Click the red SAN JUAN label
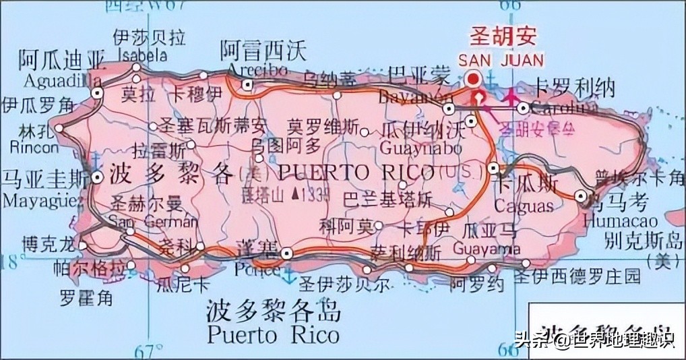point(501,59)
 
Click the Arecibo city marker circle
point(248,85)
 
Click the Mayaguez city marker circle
point(98,178)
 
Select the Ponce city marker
point(288,253)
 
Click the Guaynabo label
point(421,148)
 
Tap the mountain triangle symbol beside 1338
point(297,195)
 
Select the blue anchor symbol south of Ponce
point(288,274)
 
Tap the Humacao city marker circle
point(581,196)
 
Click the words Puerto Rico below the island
point(273,334)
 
